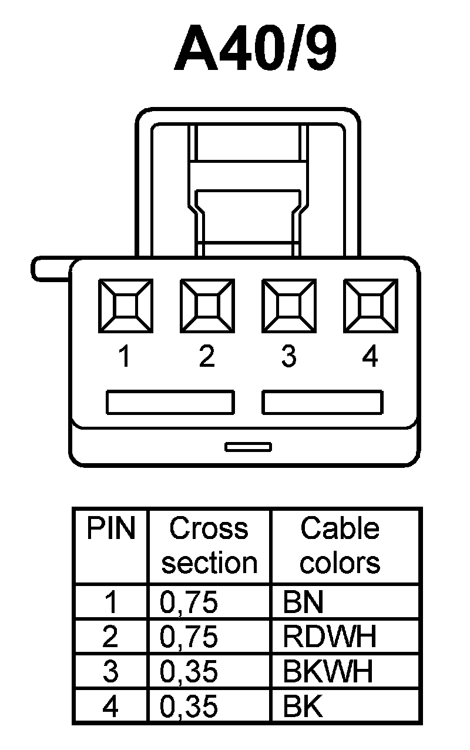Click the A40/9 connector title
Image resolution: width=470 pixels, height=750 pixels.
(256, 48)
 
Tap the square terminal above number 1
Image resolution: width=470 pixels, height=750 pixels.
(125, 305)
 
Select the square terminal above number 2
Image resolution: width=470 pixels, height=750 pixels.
(207, 305)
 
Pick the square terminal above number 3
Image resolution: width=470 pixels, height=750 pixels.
(288, 305)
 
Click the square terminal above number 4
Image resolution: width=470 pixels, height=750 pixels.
(370, 305)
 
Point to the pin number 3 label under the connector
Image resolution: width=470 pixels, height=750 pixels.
(288, 357)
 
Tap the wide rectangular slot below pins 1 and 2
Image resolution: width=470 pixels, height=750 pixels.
(170, 403)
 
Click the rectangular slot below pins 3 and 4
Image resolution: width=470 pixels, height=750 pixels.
(323, 403)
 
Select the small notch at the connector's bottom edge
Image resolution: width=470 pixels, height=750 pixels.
(248, 447)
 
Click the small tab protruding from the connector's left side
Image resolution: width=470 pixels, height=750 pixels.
(50, 268)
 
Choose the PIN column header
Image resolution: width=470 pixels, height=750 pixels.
(111, 529)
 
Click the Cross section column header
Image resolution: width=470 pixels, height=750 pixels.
(209, 545)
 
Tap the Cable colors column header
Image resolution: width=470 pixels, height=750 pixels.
(340, 545)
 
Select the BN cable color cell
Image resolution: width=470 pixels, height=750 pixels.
(303, 602)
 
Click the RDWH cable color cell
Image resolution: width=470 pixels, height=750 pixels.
(330, 636)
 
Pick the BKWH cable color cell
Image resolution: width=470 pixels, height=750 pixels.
(328, 671)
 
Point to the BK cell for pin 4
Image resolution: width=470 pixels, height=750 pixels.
(303, 706)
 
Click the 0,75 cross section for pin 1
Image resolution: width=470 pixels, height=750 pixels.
(189, 602)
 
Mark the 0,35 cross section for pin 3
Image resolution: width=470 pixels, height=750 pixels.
(189, 671)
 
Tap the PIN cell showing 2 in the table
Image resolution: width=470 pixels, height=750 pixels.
(110, 636)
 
